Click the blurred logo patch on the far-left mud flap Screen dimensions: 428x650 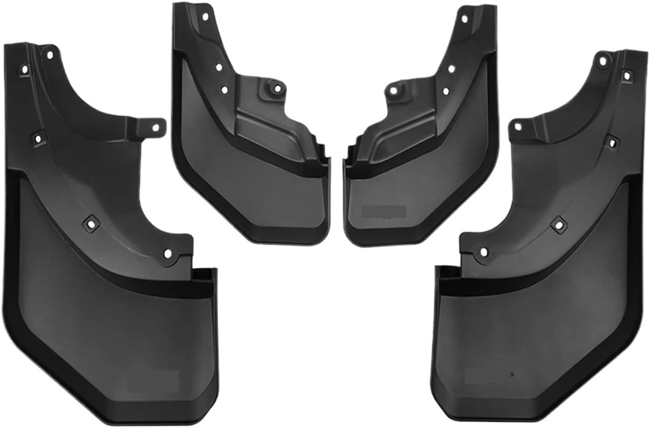(153, 380)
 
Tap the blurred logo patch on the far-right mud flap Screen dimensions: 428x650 (485, 374)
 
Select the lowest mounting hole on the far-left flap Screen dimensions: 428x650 (168, 254)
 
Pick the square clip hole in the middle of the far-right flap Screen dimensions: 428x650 (558, 224)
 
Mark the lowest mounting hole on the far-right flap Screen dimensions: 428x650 (483, 253)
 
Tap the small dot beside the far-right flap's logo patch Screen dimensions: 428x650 (512, 374)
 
